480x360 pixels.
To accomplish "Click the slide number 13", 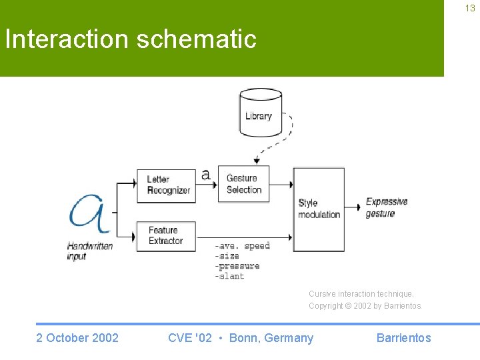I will (471, 8).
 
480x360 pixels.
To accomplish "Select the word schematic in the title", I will (196, 39).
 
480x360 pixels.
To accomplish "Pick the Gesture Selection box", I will (244, 184).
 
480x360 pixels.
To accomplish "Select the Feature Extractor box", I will (165, 236).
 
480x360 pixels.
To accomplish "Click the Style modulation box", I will (319, 209).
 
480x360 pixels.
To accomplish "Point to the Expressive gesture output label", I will (386, 207).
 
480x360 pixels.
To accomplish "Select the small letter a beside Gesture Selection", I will (206, 175).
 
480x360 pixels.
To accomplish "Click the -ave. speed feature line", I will (242, 246).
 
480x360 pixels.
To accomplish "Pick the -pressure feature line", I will (237, 266).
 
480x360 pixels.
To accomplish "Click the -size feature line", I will (227, 256).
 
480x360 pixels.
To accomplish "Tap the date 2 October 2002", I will (77, 338).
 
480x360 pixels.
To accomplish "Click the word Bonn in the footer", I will (244, 338).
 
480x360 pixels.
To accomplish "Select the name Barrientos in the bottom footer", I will (403, 338).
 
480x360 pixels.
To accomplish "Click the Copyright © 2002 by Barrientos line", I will (365, 306).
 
